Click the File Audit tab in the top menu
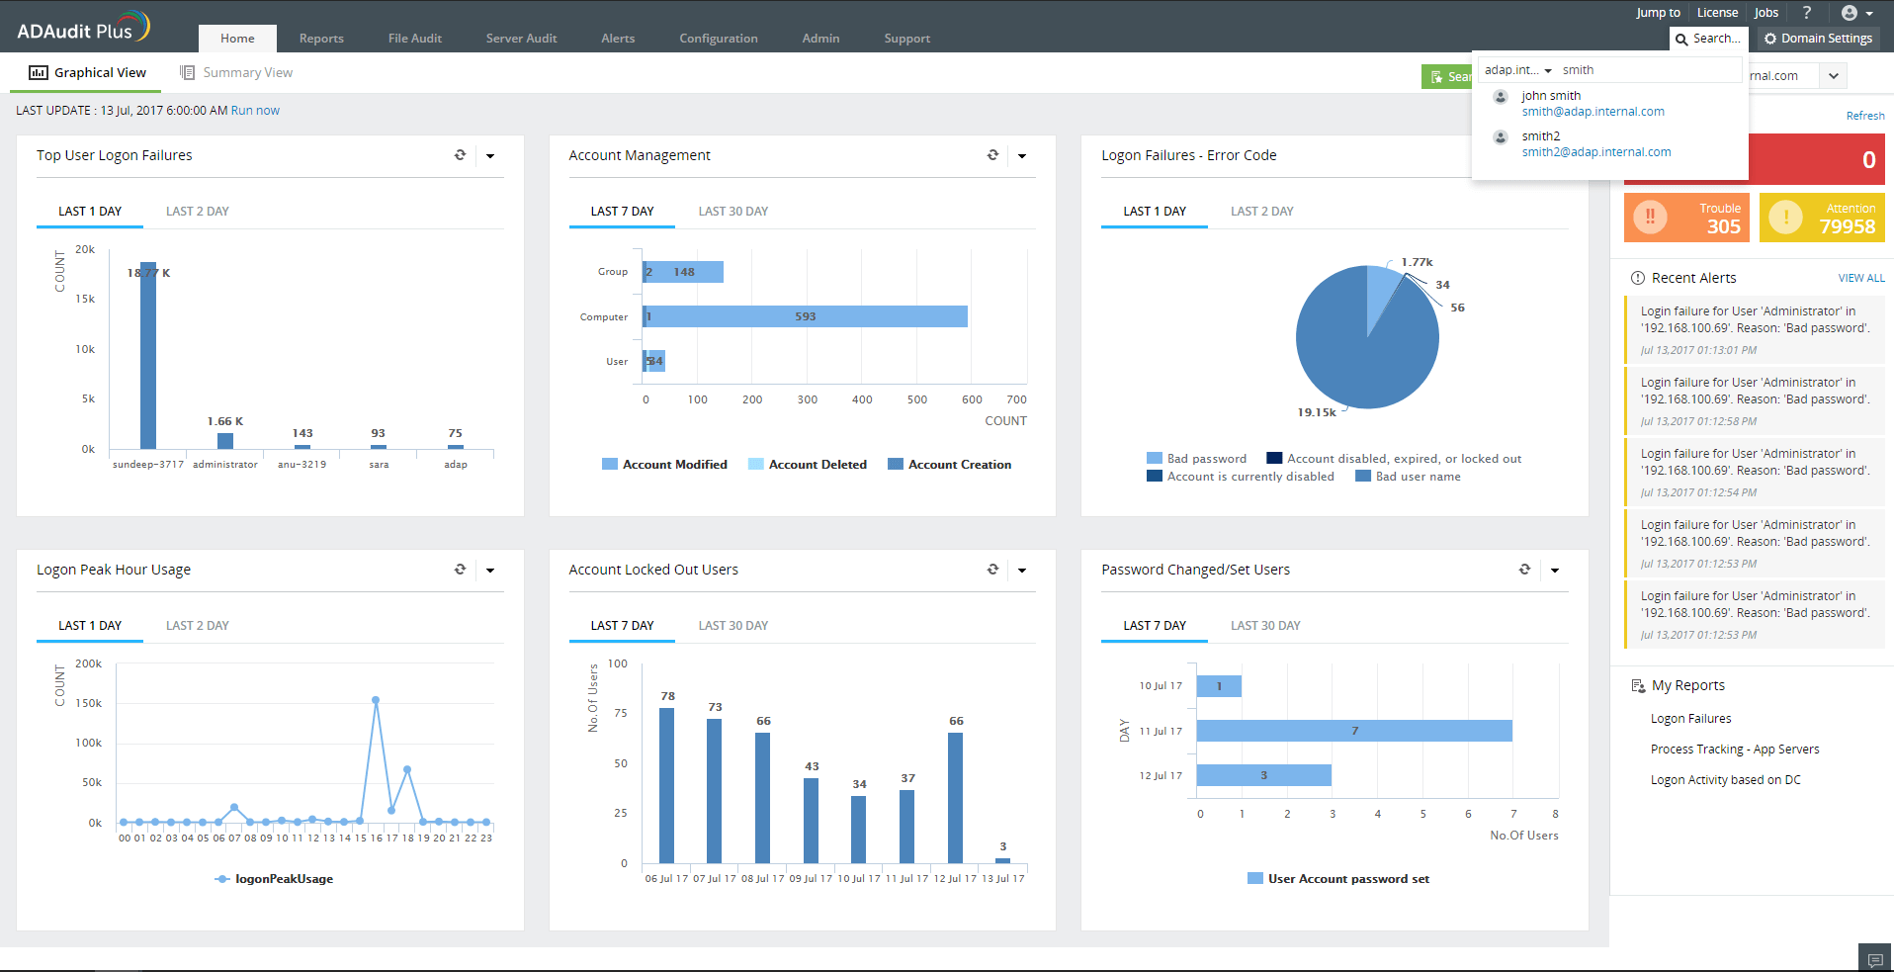tap(414, 39)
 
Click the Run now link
tap(255, 111)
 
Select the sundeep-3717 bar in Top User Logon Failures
tap(148, 356)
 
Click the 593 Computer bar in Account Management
tap(805, 316)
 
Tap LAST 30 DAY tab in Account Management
tap(732, 212)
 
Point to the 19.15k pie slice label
tap(1316, 412)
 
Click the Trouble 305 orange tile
tap(1686, 218)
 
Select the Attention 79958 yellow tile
tap(1822, 218)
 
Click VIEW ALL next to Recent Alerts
tap(1860, 279)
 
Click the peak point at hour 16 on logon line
tap(376, 700)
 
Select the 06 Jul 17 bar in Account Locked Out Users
tap(666, 785)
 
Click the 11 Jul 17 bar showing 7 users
tap(1353, 731)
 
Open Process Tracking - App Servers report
tap(1734, 750)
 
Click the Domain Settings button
tap(1818, 39)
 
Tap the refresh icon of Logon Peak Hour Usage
tap(460, 570)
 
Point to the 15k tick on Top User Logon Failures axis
tap(85, 299)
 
